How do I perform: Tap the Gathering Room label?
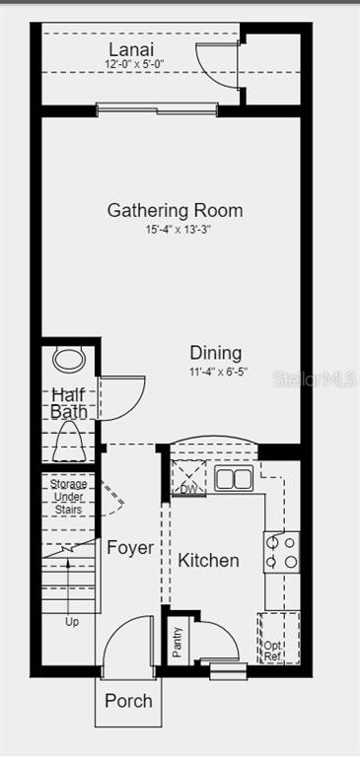(x=175, y=211)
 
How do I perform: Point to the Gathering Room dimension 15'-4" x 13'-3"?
(x=179, y=230)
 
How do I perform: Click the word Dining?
(x=216, y=353)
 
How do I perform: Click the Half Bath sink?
(x=69, y=360)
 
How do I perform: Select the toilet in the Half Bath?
(x=70, y=441)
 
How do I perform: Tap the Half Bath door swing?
(x=122, y=398)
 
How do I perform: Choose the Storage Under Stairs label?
(x=69, y=497)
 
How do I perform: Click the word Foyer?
(x=130, y=548)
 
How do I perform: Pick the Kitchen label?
(x=208, y=561)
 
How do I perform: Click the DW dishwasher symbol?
(x=189, y=478)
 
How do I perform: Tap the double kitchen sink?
(x=234, y=479)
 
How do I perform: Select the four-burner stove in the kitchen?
(x=281, y=552)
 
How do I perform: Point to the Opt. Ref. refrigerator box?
(x=279, y=639)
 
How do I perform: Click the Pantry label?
(x=178, y=642)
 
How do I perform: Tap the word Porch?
(x=128, y=701)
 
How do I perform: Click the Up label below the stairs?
(x=72, y=622)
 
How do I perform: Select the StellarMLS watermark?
(x=315, y=378)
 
